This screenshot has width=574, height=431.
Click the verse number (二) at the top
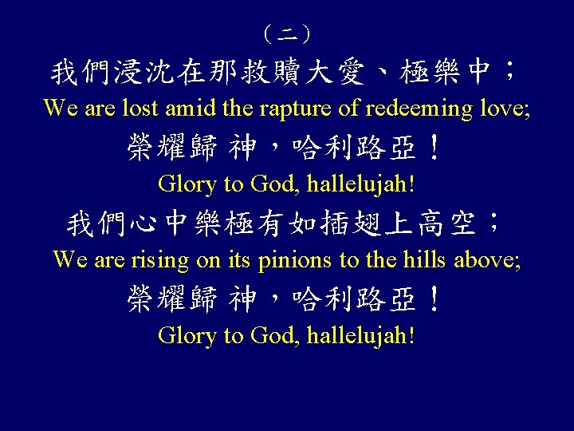pyautogui.click(x=287, y=34)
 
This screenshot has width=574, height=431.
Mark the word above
pyautogui.click(x=489, y=259)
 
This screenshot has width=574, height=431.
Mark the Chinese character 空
pyautogui.click(x=465, y=224)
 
